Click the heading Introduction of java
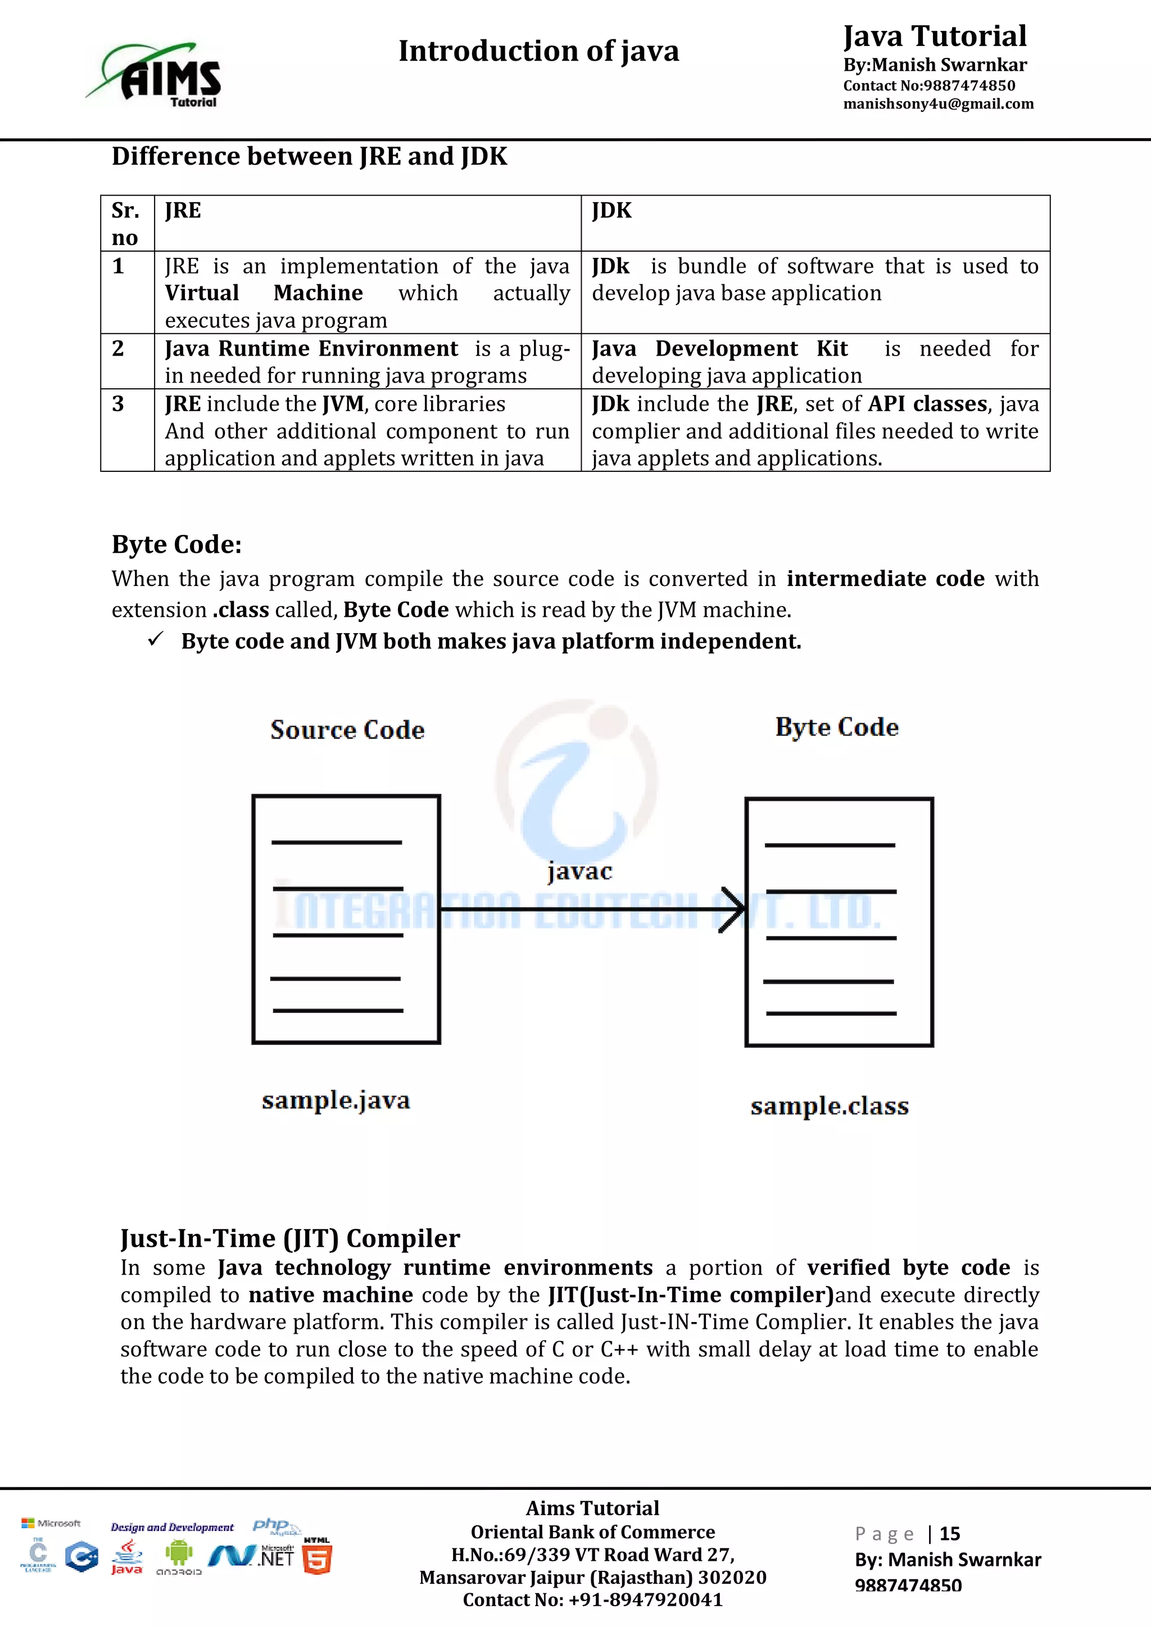538,51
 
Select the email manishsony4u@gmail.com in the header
937,104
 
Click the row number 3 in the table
119,404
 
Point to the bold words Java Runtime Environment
311,349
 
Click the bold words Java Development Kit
719,349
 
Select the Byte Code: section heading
176,544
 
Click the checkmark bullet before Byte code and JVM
156,639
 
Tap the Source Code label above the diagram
347,730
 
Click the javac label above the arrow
579,871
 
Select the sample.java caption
336,1101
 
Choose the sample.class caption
829,1106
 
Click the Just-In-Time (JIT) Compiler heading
290,1238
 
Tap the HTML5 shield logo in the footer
317,1560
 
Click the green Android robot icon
179,1553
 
